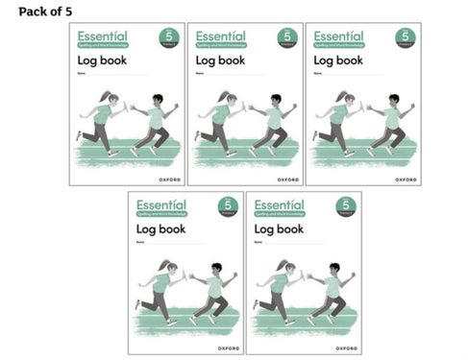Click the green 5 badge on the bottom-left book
pyautogui.click(x=228, y=206)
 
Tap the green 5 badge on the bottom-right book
pyautogui.click(x=345, y=206)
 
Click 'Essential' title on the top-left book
pyautogui.click(x=100, y=35)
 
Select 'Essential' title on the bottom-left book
pyautogui.click(x=159, y=204)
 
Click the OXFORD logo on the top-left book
pyautogui.click(x=170, y=179)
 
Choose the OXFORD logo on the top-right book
pyautogui.click(x=406, y=179)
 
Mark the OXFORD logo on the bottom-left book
pyautogui.click(x=228, y=347)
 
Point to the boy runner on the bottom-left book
pyautogui.click(x=212, y=293)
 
